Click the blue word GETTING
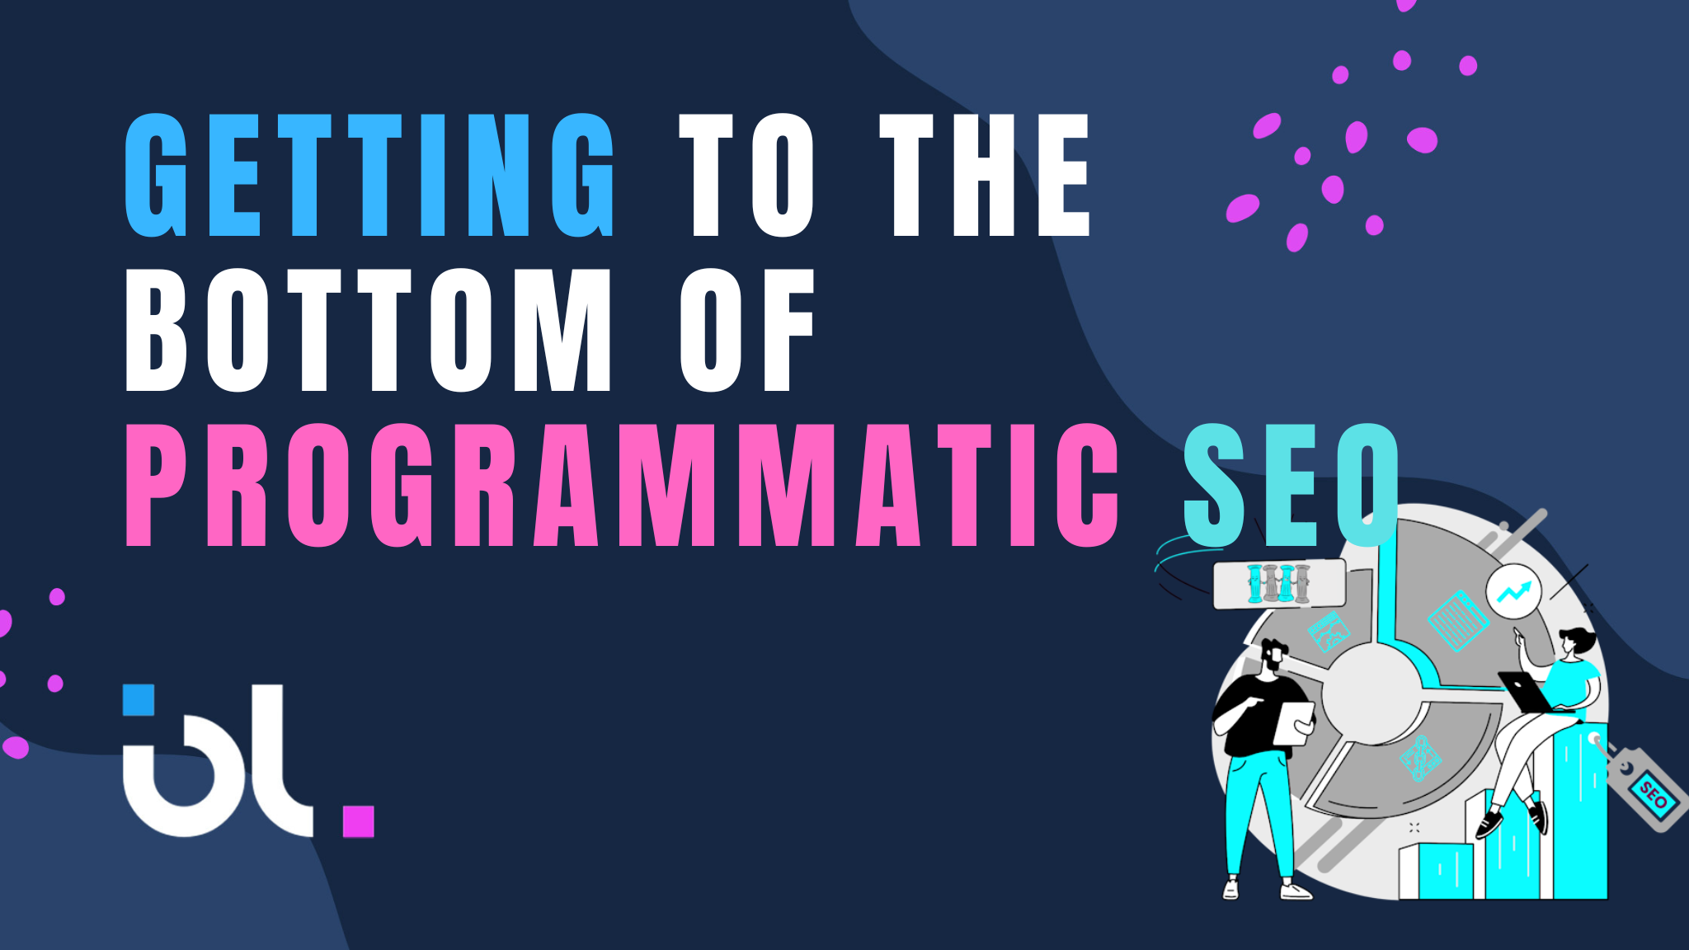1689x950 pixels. pyautogui.click(x=369, y=175)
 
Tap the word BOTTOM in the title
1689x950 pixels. pyautogui.click(x=368, y=330)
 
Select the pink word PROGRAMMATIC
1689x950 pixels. pyautogui.click(x=622, y=485)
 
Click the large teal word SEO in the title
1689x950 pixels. pyautogui.click(x=1291, y=485)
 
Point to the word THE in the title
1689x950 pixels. pyautogui.click(x=985, y=175)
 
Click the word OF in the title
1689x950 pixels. pyautogui.click(x=747, y=330)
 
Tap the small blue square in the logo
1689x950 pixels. pyautogui.click(x=139, y=700)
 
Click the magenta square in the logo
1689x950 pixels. pyautogui.click(x=358, y=821)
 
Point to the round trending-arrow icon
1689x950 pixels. pyautogui.click(x=1513, y=591)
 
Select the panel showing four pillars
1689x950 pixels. pyautogui.click(x=1279, y=583)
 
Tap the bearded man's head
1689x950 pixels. pyautogui.click(x=1274, y=656)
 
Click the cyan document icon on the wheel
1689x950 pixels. pyautogui.click(x=1458, y=620)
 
